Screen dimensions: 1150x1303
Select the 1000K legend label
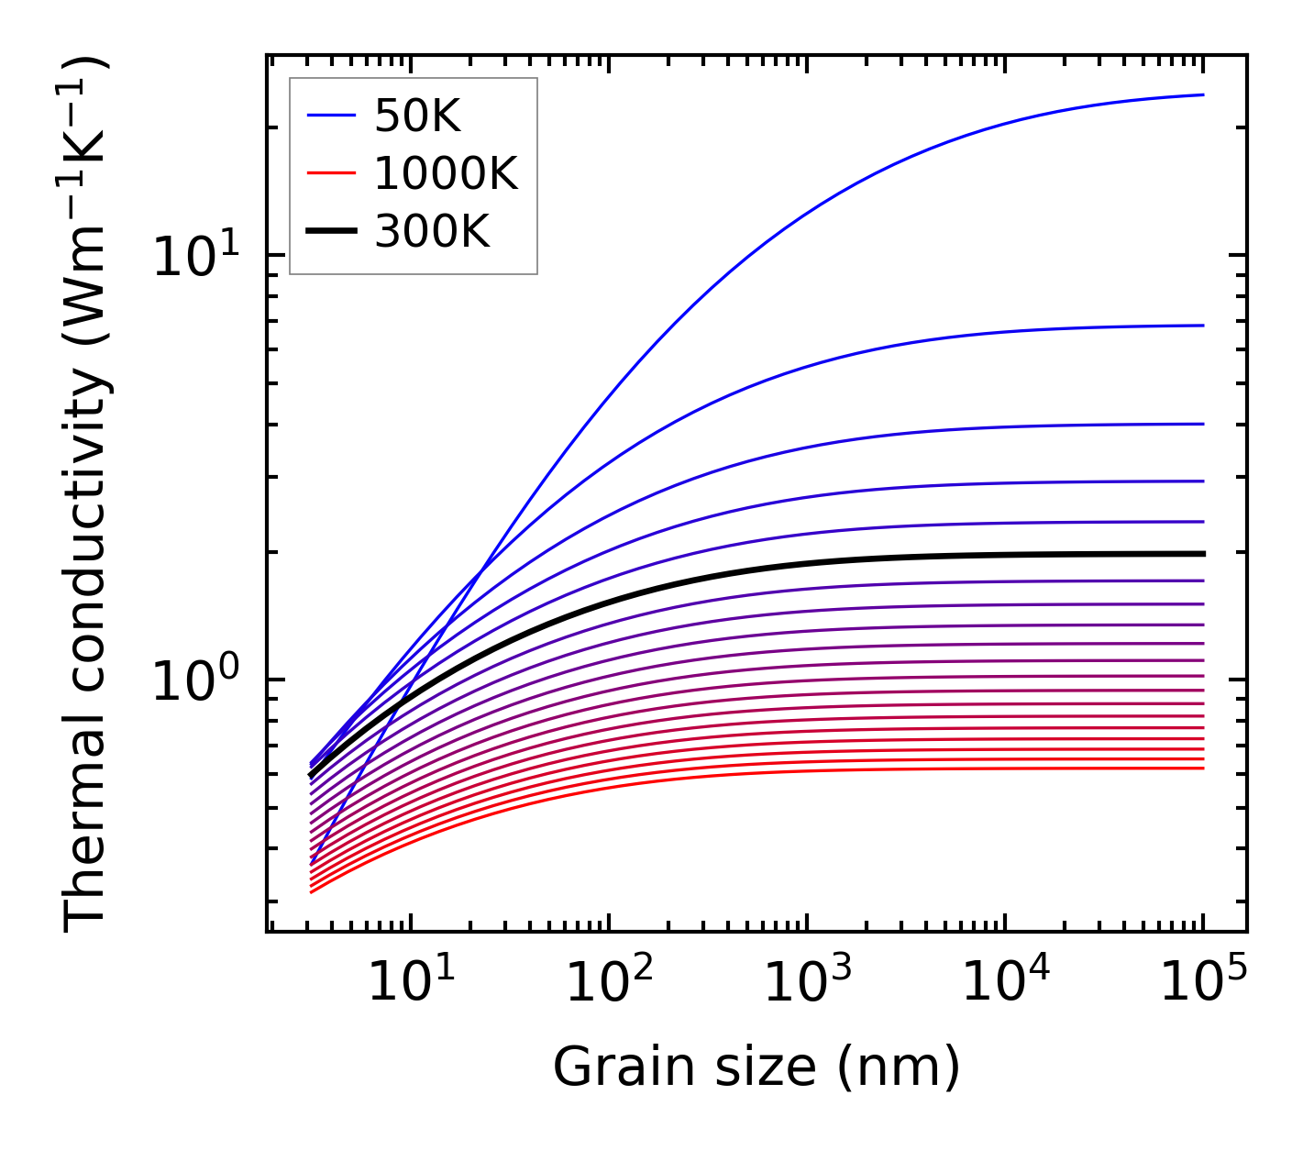tap(446, 173)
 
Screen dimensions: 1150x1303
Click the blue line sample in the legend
tap(330, 116)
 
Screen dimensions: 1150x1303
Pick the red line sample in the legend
tap(330, 173)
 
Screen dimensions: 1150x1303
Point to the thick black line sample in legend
tap(330, 232)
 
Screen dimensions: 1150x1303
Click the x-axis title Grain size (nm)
tap(756, 1067)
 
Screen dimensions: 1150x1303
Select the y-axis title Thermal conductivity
tap(87, 495)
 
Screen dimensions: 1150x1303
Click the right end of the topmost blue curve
tap(1202, 94)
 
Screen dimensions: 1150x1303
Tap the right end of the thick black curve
tap(1202, 554)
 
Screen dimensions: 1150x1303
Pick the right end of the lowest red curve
tap(1202, 768)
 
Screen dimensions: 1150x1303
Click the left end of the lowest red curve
tap(313, 891)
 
